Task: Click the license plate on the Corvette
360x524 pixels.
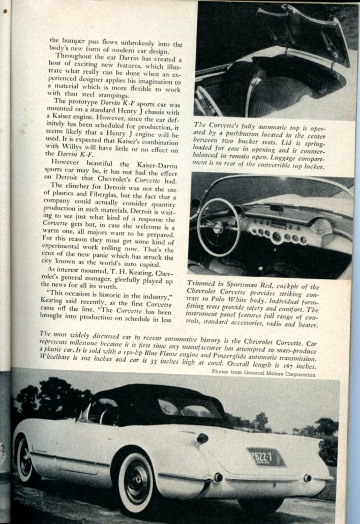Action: coord(266,457)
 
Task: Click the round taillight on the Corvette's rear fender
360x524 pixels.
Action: coord(202,439)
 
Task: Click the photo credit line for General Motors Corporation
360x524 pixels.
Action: coord(263,374)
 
